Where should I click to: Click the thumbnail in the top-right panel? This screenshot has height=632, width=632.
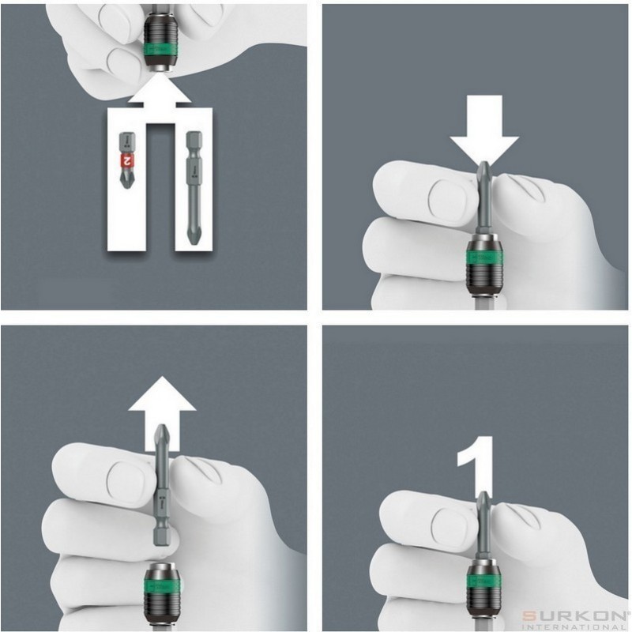click(x=434, y=193)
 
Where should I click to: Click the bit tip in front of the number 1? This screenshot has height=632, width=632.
click(x=483, y=502)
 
